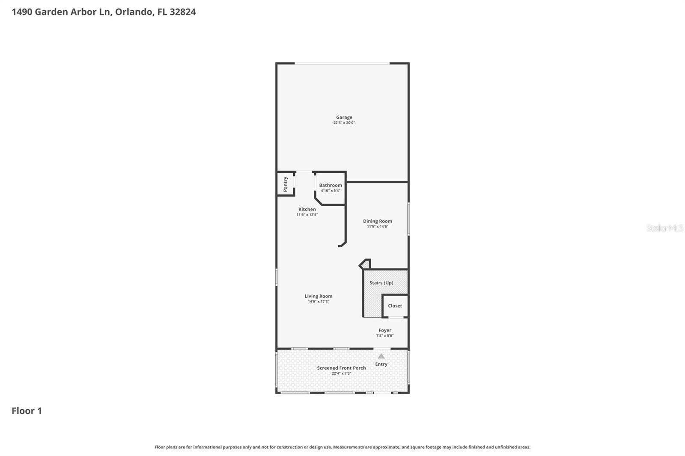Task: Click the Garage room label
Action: pos(344,117)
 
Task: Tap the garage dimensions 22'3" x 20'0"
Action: pos(344,123)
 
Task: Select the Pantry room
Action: pos(285,184)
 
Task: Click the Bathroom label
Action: pos(330,185)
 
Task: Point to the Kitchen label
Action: pos(307,209)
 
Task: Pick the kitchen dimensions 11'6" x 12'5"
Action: pos(307,215)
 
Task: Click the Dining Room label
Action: pos(377,221)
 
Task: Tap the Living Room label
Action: pos(318,296)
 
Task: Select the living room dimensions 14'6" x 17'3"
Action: pos(318,302)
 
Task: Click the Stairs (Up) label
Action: pos(381,283)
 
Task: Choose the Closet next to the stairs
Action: pos(395,306)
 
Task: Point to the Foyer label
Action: pos(384,330)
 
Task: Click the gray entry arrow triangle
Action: pos(381,356)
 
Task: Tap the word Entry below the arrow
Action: pos(381,364)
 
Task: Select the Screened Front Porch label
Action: pos(341,368)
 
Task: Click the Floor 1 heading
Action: pos(27,411)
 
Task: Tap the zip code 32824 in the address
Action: pos(182,12)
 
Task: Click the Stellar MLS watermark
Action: pos(664,228)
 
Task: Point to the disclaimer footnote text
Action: pos(342,447)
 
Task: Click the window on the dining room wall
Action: pos(408,219)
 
